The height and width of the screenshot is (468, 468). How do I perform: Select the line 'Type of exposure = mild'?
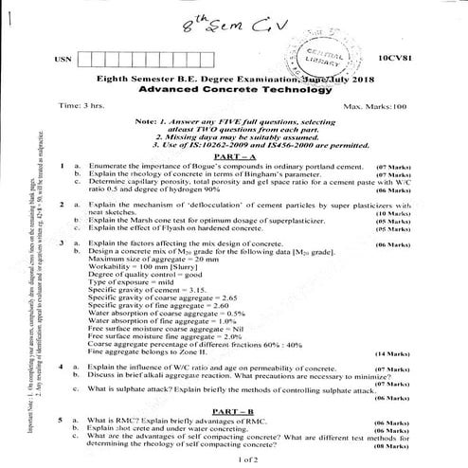pyautogui.click(x=130, y=282)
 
